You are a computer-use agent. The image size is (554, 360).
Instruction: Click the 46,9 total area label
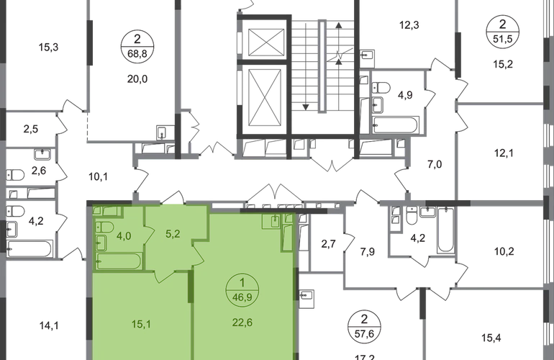point(242,297)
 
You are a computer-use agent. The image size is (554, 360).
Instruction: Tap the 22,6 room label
point(242,323)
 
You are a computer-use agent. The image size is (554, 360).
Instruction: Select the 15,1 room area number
point(141,324)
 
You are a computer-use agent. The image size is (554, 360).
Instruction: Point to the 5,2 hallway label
point(173,234)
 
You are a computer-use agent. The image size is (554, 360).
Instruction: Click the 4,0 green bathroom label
point(124,235)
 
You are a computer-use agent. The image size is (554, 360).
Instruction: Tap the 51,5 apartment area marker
point(503,39)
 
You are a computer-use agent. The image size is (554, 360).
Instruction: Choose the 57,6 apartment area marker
point(365,333)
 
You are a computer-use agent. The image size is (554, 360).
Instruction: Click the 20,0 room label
point(137,79)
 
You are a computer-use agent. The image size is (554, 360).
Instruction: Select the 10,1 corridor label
point(98,176)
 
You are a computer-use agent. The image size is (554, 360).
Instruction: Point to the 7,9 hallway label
point(368,252)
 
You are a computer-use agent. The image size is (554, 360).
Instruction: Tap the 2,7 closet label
point(328,244)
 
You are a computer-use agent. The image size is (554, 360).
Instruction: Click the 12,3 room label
point(409,25)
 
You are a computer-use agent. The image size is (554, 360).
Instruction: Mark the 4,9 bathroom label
point(405,95)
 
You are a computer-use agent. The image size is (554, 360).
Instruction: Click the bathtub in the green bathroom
point(119,261)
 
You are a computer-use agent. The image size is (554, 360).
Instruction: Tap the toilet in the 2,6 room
point(15,175)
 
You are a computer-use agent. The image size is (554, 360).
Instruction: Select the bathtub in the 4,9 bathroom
point(396,125)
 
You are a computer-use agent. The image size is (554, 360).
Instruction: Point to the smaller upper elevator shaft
point(266,42)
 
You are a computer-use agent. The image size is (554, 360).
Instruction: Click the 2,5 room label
point(31,129)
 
